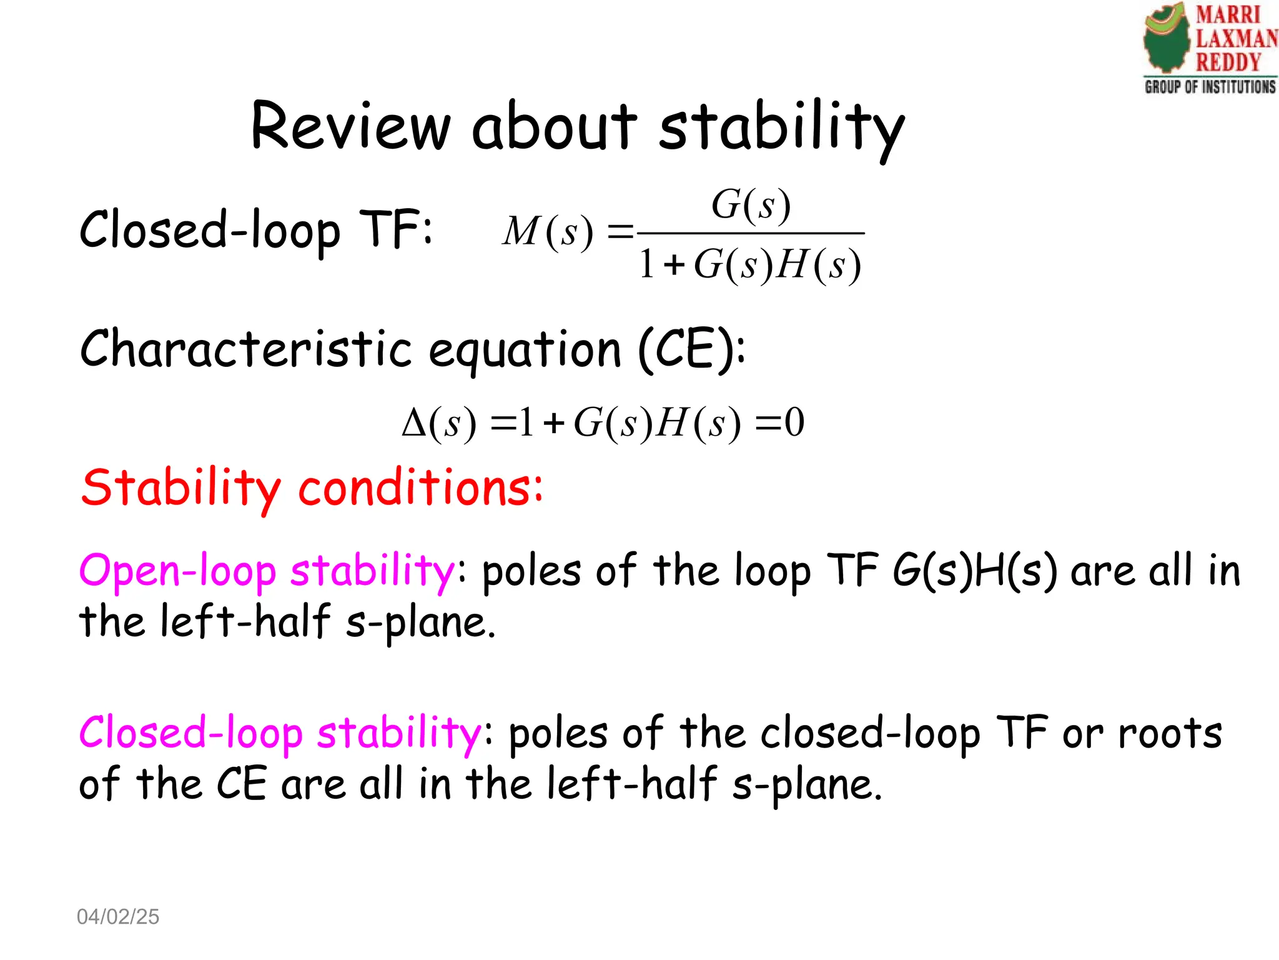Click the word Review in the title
[350, 126]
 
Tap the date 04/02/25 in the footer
[118, 916]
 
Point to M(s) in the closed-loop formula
[548, 232]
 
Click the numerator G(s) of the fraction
[751, 204]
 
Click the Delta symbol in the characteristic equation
[413, 423]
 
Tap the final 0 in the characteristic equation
[794, 422]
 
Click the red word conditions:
[420, 487]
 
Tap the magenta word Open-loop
[177, 571]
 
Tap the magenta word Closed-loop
[190, 732]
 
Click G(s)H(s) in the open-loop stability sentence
[974, 571]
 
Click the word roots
[1170, 732]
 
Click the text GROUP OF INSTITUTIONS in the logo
[1210, 87]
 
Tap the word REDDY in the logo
[1228, 62]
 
